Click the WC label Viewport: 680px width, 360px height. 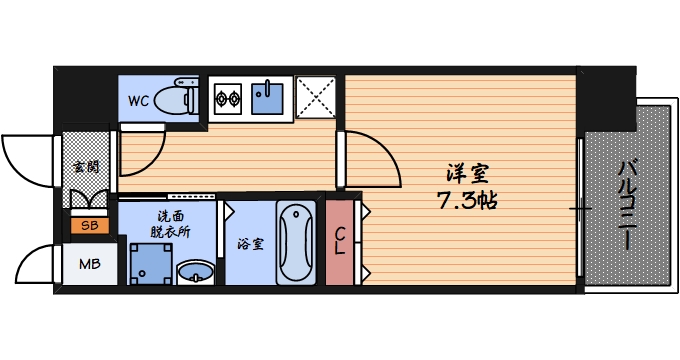point(138,101)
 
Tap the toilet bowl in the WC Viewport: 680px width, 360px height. point(172,99)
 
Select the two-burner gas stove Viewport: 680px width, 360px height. point(228,98)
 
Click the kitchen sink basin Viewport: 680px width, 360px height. point(267,98)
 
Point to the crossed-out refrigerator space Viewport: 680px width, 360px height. point(316,97)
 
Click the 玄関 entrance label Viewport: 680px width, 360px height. point(86,167)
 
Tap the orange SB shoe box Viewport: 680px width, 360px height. point(90,226)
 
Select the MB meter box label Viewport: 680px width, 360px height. point(90,264)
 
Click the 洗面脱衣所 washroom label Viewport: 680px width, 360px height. point(170,224)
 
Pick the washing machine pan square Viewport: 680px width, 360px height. point(151,264)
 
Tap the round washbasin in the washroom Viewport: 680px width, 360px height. point(196,273)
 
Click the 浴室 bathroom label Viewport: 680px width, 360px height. point(250,244)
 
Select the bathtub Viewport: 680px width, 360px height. point(297,242)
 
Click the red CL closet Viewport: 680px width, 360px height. point(340,242)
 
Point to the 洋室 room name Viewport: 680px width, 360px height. point(468,173)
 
